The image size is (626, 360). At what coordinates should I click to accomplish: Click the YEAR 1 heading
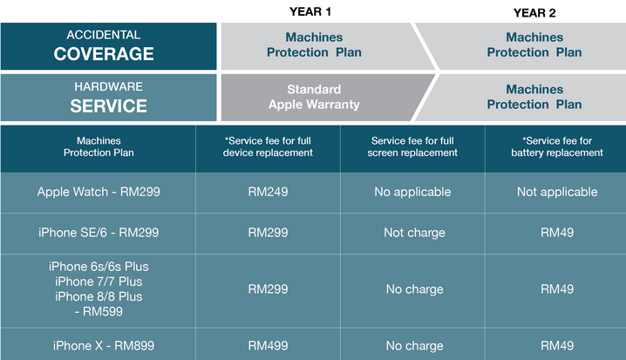pos(310,11)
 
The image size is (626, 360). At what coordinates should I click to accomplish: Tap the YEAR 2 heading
pos(534,13)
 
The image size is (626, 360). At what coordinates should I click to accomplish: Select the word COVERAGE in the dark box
pos(104,54)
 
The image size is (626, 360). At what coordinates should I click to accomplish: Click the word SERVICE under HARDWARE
pos(109,105)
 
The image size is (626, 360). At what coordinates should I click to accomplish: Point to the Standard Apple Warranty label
pos(314,97)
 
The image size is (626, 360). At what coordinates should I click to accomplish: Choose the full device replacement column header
pos(268,146)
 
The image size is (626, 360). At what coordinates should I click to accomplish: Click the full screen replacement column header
pos(412,146)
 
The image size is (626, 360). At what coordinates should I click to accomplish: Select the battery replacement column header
pos(557,146)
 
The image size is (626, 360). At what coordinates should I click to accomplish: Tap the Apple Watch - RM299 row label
pos(99,192)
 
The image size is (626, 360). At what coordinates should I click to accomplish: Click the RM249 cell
pos(268,192)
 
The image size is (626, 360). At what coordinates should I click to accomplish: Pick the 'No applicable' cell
pos(412,192)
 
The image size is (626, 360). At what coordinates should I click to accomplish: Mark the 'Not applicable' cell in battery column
pos(557,192)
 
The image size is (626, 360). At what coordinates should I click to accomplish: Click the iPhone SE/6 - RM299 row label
pos(99,233)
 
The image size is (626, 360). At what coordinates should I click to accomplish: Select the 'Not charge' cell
pos(414,233)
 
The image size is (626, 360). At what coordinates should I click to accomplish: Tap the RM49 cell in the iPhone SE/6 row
pos(557,233)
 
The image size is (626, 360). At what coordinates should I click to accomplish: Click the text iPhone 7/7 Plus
pos(99,282)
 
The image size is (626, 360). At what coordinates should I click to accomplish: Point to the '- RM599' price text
pos(99,312)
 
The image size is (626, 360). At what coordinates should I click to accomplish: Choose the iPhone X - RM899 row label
pos(104,346)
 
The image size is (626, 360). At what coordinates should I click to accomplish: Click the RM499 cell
pos(268,346)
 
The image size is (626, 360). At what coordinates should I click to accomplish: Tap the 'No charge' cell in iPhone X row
pos(414,346)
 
